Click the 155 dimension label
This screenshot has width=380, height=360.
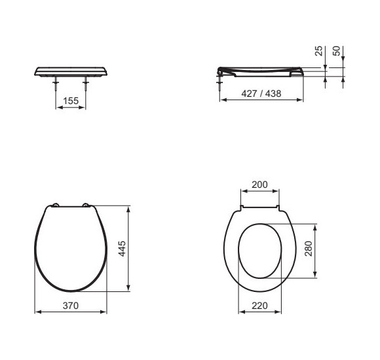[x=71, y=101]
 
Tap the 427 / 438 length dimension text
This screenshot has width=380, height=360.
[x=261, y=94]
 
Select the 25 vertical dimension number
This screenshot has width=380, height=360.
[x=319, y=51]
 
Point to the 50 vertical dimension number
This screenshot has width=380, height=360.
[x=336, y=51]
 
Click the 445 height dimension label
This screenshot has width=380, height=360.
[x=122, y=248]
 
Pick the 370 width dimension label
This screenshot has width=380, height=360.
[x=71, y=306]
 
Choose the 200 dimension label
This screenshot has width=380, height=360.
[x=260, y=185]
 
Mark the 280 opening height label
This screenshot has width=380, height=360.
[x=309, y=248]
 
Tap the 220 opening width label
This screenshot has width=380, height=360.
[x=260, y=306]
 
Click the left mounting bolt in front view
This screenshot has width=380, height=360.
[x=56, y=84]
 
